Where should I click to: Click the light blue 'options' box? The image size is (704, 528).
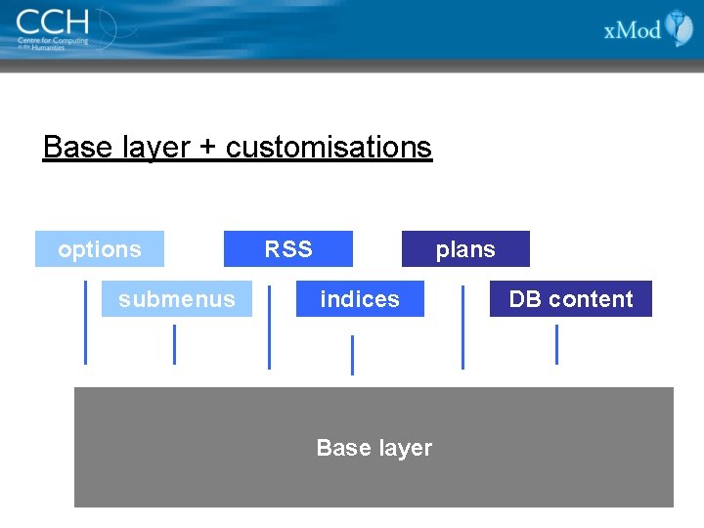(x=99, y=249)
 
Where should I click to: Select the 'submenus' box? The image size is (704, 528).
(x=176, y=299)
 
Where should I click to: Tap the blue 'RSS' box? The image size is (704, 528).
(x=288, y=249)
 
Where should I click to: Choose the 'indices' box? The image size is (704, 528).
(x=360, y=299)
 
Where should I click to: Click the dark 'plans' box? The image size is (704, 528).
(x=465, y=249)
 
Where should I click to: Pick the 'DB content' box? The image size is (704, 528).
(x=571, y=299)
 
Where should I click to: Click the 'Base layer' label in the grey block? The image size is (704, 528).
(x=374, y=448)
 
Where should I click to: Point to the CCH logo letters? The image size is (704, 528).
(x=52, y=21)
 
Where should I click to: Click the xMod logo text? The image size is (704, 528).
(x=633, y=30)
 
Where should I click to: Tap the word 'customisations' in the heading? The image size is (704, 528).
(x=329, y=148)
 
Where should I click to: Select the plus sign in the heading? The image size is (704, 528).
(x=207, y=149)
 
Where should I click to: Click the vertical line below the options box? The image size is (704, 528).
(x=86, y=323)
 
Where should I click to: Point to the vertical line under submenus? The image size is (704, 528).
(x=174, y=344)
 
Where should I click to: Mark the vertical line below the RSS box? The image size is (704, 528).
(x=269, y=328)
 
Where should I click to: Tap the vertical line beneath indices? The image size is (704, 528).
(x=352, y=355)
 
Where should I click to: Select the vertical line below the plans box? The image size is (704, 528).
(x=462, y=328)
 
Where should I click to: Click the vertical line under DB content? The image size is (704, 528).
(x=556, y=344)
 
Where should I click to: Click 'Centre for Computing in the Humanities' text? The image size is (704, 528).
(x=54, y=43)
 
